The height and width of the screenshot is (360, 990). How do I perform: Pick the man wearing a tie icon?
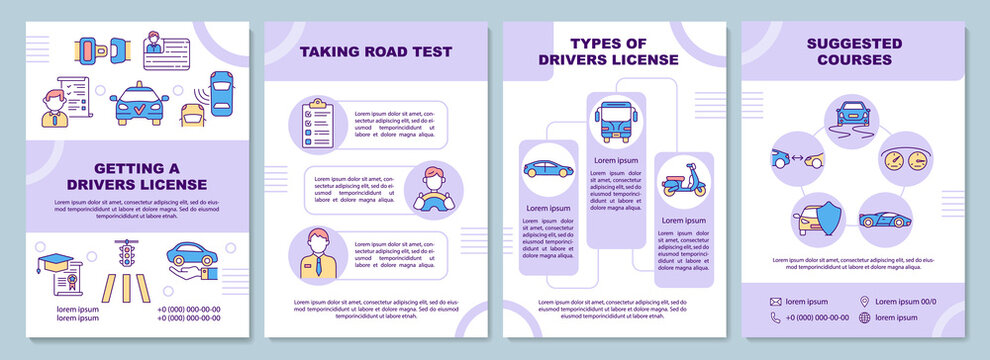(317, 255)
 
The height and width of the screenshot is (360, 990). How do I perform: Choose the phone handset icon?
(774, 318)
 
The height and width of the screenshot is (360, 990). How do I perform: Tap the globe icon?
(864, 318)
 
